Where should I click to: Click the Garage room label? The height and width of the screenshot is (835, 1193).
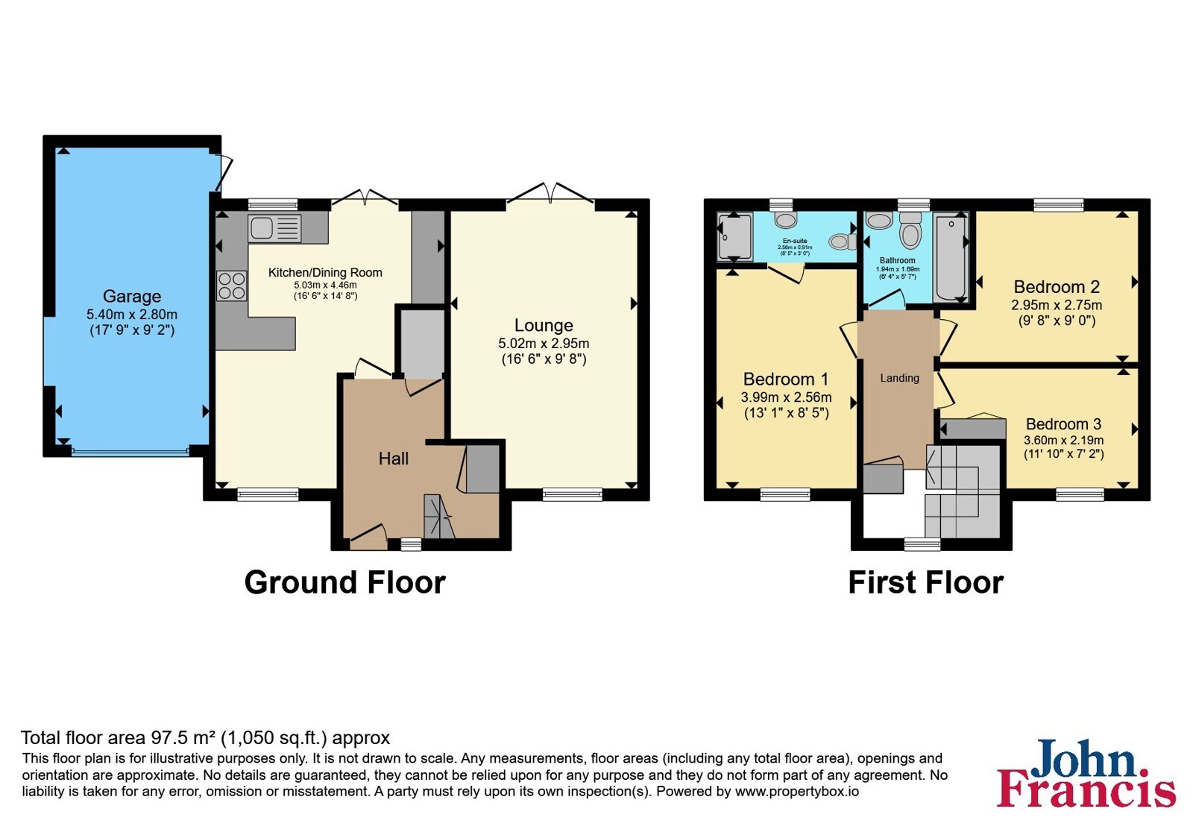click(131, 296)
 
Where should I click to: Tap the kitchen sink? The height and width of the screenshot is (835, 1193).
click(274, 228)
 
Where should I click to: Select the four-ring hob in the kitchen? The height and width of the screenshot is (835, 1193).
click(232, 286)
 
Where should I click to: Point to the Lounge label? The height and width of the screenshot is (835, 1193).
click(544, 325)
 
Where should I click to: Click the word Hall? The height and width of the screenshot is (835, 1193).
click(394, 459)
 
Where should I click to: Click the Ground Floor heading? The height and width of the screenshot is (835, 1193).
click(344, 582)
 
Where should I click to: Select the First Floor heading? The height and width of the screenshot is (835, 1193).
click(925, 582)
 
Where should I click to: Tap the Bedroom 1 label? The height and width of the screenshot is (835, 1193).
click(786, 379)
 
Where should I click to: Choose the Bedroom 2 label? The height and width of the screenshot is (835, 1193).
click(1057, 287)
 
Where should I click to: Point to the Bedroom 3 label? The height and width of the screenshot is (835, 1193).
click(1063, 424)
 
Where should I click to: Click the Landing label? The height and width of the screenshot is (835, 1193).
click(899, 378)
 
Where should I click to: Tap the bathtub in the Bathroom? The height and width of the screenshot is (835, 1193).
click(951, 257)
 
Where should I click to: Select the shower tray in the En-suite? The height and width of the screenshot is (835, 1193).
click(734, 236)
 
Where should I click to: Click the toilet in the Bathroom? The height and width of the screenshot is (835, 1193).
click(910, 230)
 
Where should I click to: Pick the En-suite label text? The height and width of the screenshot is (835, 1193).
click(795, 241)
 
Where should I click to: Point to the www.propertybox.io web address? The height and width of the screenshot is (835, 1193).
click(797, 791)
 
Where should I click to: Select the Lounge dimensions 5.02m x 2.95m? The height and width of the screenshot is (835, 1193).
click(544, 344)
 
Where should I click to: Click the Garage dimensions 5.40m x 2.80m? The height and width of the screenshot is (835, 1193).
click(131, 315)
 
